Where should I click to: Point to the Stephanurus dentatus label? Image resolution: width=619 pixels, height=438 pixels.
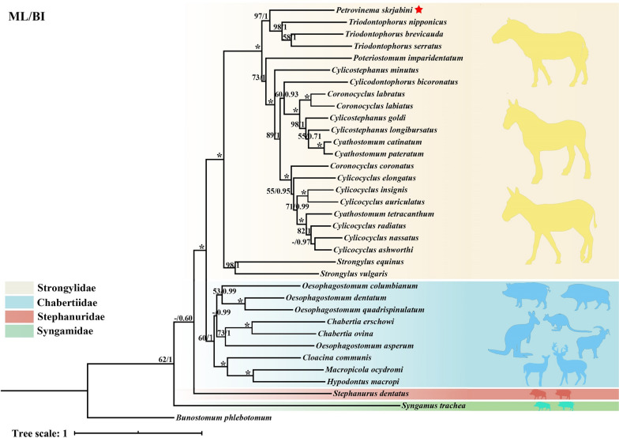click(x=365, y=393)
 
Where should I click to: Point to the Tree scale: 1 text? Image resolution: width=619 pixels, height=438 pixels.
click(x=33, y=432)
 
